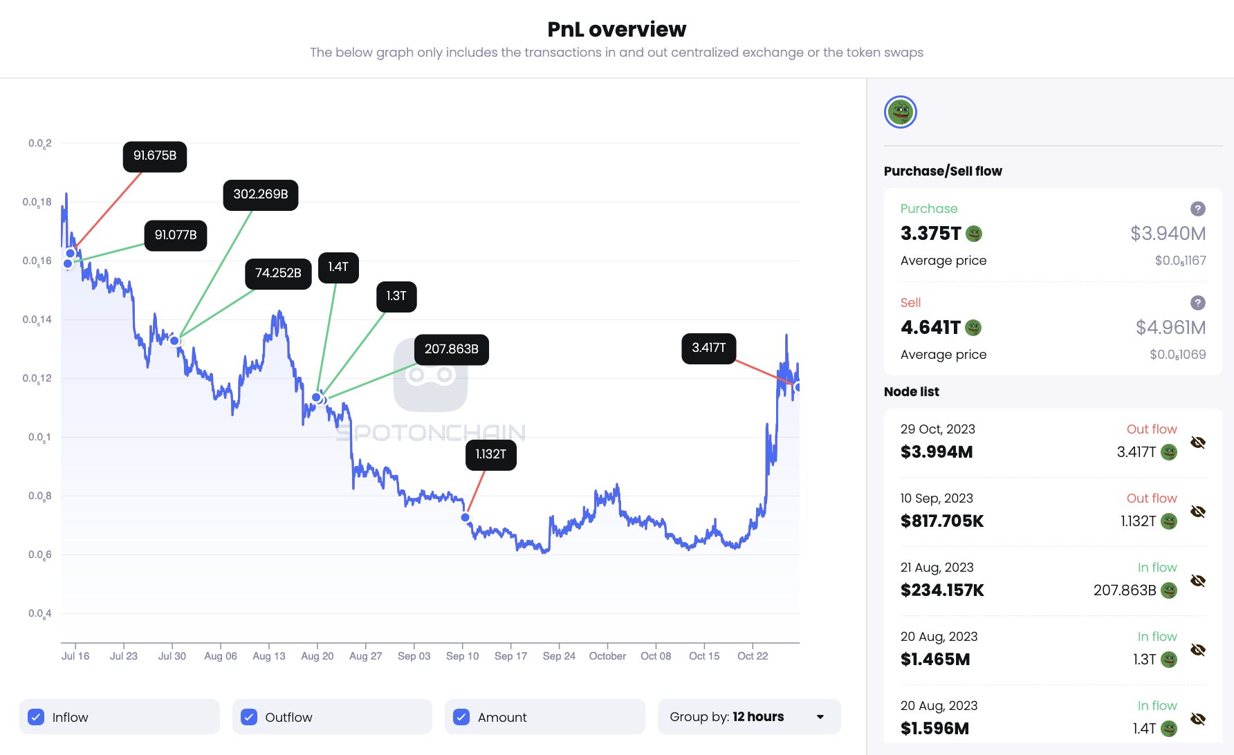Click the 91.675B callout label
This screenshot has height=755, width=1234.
tap(155, 156)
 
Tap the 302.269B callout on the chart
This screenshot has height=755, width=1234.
tap(261, 195)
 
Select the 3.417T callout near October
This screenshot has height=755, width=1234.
tap(708, 348)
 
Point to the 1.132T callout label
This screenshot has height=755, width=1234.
tap(490, 454)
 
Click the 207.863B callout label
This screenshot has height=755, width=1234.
tap(451, 349)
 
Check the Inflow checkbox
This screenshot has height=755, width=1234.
tap(36, 717)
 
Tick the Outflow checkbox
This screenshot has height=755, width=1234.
tap(249, 717)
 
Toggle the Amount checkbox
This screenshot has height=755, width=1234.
tap(461, 717)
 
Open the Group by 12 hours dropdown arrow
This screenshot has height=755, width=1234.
tap(820, 717)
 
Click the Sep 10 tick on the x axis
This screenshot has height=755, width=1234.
tap(462, 655)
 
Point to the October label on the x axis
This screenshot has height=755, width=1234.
tap(607, 655)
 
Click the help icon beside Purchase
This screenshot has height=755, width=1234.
tap(1198, 209)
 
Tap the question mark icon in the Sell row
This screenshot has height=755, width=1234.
tap(1198, 303)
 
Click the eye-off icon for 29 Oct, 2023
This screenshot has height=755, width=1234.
tap(1198, 442)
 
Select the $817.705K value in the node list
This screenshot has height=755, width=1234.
tap(942, 521)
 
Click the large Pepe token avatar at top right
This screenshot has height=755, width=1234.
tap(901, 112)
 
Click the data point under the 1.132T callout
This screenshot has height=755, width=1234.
tap(466, 517)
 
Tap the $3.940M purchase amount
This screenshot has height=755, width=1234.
tap(1168, 234)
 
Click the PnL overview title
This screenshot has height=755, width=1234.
tap(617, 29)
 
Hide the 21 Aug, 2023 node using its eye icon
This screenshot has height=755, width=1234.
tap(1198, 581)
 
